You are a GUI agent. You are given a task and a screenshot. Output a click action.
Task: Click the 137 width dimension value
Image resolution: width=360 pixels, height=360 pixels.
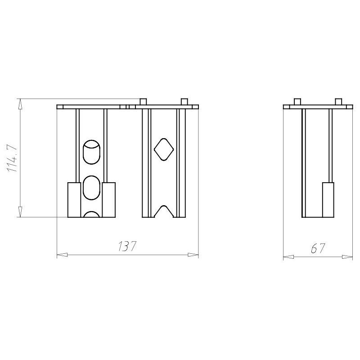127,246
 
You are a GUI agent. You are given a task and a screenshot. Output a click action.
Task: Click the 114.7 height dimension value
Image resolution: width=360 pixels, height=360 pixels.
13,158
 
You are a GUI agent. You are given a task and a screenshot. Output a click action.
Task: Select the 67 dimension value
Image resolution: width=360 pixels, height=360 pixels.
318,248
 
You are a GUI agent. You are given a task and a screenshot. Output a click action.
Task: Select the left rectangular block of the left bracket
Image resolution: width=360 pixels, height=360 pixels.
74,200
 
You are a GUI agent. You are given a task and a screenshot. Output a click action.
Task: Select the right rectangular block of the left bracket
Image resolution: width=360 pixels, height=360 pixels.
108,200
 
